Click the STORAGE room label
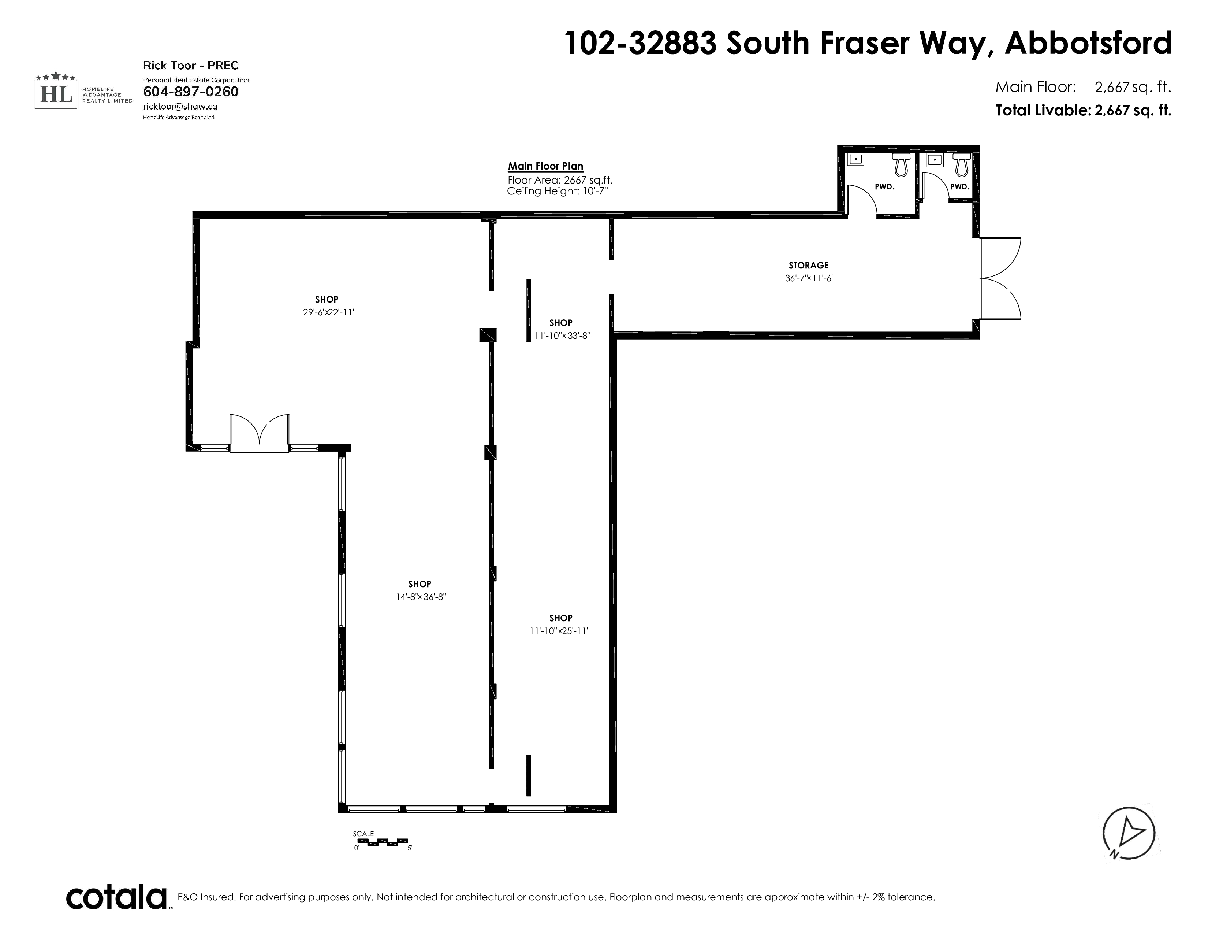coord(808,266)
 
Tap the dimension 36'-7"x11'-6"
coord(809,278)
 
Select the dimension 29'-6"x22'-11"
coord(329,312)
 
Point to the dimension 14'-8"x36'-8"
coord(421,597)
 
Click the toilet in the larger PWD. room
coord(901,164)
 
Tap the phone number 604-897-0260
coord(191,92)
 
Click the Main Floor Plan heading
coord(545,166)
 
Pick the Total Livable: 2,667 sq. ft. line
coord(1083,111)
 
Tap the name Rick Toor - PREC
coord(191,65)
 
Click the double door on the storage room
coord(1000,278)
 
